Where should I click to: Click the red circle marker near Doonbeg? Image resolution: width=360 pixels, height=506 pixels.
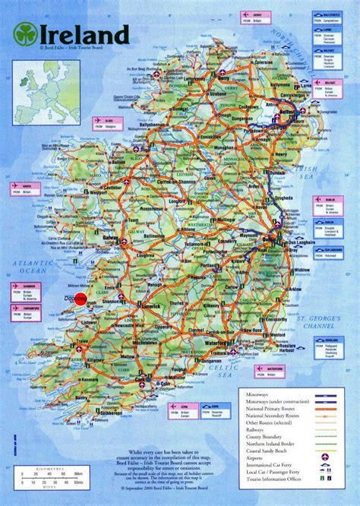(x=81, y=299)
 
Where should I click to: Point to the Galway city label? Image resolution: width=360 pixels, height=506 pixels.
(x=112, y=237)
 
